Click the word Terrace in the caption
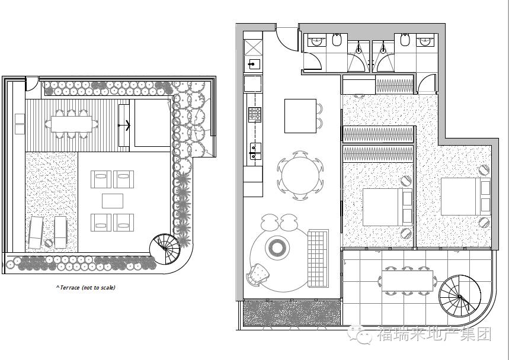click(x=70, y=287)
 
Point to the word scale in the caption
click(x=108, y=287)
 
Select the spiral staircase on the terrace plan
click(x=165, y=249)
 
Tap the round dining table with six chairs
click(x=300, y=175)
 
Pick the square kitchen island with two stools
click(x=300, y=116)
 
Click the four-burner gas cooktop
click(x=255, y=114)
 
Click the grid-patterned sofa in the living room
click(x=318, y=258)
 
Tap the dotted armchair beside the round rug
click(x=258, y=274)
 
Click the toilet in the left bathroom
click(x=337, y=40)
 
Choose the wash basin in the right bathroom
click(x=425, y=40)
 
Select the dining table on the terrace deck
click(x=72, y=124)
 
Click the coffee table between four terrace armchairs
click(x=113, y=201)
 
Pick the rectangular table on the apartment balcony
click(x=408, y=281)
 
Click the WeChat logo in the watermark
click(x=359, y=334)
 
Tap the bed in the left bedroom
click(x=388, y=207)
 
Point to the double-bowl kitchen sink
click(x=255, y=152)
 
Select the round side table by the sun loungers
click(x=49, y=243)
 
